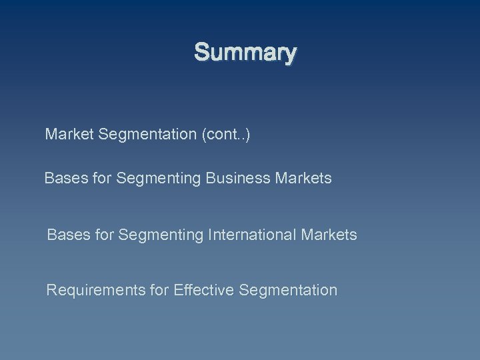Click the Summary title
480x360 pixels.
click(x=245, y=52)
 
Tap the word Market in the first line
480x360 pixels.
click(x=69, y=135)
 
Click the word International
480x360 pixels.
click(x=253, y=235)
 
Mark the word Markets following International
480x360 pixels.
click(x=329, y=235)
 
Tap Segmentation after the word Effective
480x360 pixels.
click(x=287, y=290)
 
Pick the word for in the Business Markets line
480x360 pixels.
click(x=101, y=179)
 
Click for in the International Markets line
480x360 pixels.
click(x=104, y=235)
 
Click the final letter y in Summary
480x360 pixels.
click(x=290, y=53)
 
